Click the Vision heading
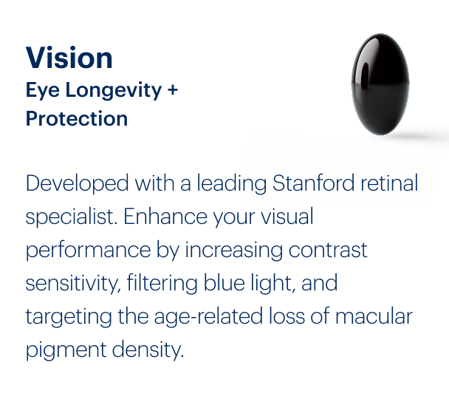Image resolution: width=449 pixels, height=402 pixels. click(69, 58)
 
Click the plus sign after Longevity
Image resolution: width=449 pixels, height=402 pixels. click(172, 91)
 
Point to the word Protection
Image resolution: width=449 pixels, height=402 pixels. click(77, 119)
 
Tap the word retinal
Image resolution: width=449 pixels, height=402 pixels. click(390, 183)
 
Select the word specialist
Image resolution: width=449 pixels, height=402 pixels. click(71, 217)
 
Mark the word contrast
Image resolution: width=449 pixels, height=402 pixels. click(326, 250)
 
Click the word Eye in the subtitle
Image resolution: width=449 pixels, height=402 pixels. click(41, 91)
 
